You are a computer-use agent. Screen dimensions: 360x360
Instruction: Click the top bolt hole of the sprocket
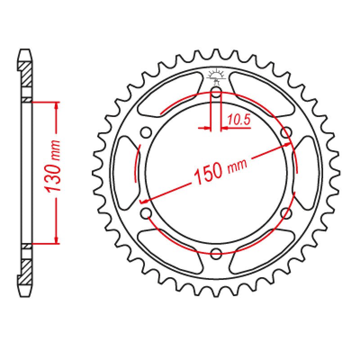[x=216, y=94]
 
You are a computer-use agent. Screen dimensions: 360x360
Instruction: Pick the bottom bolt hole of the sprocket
[x=216, y=252]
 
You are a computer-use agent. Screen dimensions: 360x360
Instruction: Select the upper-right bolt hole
[x=285, y=133]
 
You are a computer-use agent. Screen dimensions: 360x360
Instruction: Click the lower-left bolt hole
[x=146, y=212]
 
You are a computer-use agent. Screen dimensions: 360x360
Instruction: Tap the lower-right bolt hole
[x=285, y=212]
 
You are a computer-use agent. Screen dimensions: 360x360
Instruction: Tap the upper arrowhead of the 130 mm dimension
[x=56, y=106]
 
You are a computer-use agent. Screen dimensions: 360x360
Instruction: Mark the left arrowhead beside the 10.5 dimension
[x=207, y=129]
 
